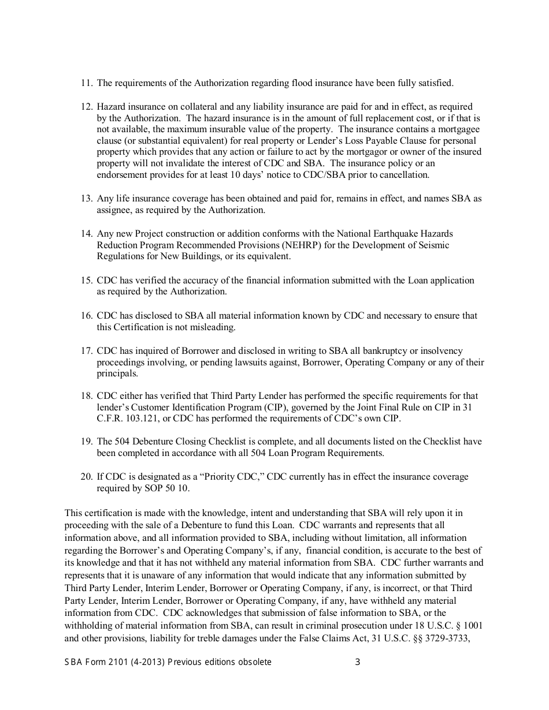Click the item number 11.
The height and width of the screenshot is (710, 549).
tap(86, 83)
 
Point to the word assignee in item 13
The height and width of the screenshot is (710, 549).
tap(113, 210)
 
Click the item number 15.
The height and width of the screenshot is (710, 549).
tap(86, 280)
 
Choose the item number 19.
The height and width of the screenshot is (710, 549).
tap(86, 442)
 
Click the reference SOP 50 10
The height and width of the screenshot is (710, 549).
tap(167, 488)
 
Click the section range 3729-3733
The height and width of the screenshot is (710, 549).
tap(448, 638)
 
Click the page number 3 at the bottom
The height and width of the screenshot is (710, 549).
tap(357, 662)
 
